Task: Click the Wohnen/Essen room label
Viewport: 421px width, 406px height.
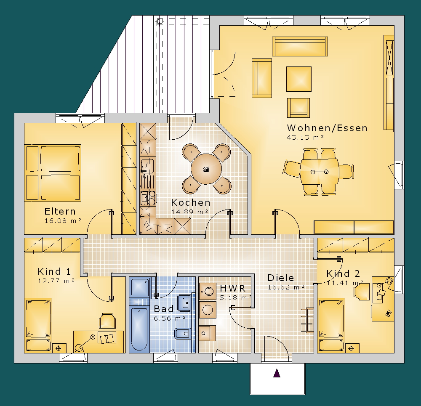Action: point(327,128)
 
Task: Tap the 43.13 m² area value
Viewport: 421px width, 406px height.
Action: point(305,138)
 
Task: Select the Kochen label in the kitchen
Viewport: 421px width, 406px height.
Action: point(191,202)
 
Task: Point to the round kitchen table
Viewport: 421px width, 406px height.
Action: point(206,169)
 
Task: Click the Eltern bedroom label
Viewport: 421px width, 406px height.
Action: point(60,212)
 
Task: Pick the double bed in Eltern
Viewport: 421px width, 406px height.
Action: point(53,173)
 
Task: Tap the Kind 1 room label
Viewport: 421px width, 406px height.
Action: point(54,271)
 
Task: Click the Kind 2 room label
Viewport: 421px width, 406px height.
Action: point(343,274)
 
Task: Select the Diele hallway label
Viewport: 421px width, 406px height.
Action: point(280,278)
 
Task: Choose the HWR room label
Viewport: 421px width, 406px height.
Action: point(232,288)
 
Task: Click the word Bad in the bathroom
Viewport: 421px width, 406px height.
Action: point(163,309)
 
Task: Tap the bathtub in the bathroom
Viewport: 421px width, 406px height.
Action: point(139,329)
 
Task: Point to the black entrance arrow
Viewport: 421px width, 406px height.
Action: point(277,373)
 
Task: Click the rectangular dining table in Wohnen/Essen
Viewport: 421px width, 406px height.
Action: point(319,172)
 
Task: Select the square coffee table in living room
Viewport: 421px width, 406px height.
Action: point(299,79)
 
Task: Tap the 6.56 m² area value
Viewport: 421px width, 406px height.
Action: point(170,318)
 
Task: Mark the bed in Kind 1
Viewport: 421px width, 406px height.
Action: point(38,325)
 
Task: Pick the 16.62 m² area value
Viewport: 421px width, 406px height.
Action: point(286,287)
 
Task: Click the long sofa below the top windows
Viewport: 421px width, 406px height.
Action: point(300,46)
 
